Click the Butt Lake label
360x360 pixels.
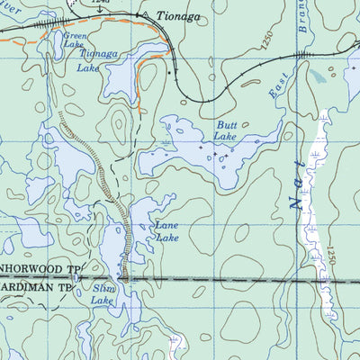(x=225, y=130)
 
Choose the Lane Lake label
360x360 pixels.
(x=166, y=232)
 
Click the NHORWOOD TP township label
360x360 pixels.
(x=40, y=269)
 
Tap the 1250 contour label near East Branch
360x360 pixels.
(x=264, y=40)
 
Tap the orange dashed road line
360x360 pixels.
(x=135, y=36)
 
